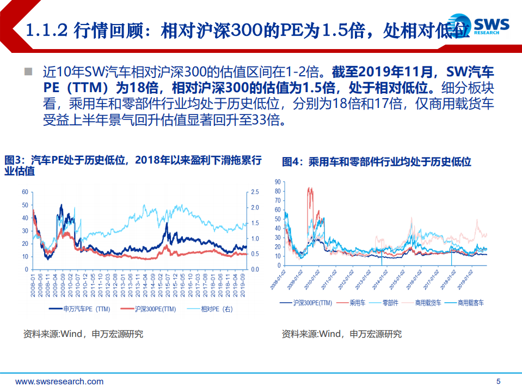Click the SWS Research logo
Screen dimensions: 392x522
click(488, 26)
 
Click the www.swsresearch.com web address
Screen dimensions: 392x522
click(59, 381)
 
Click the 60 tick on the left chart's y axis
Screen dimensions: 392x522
click(24, 192)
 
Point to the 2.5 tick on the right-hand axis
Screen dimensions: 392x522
click(255, 192)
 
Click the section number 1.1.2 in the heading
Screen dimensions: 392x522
click(47, 30)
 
